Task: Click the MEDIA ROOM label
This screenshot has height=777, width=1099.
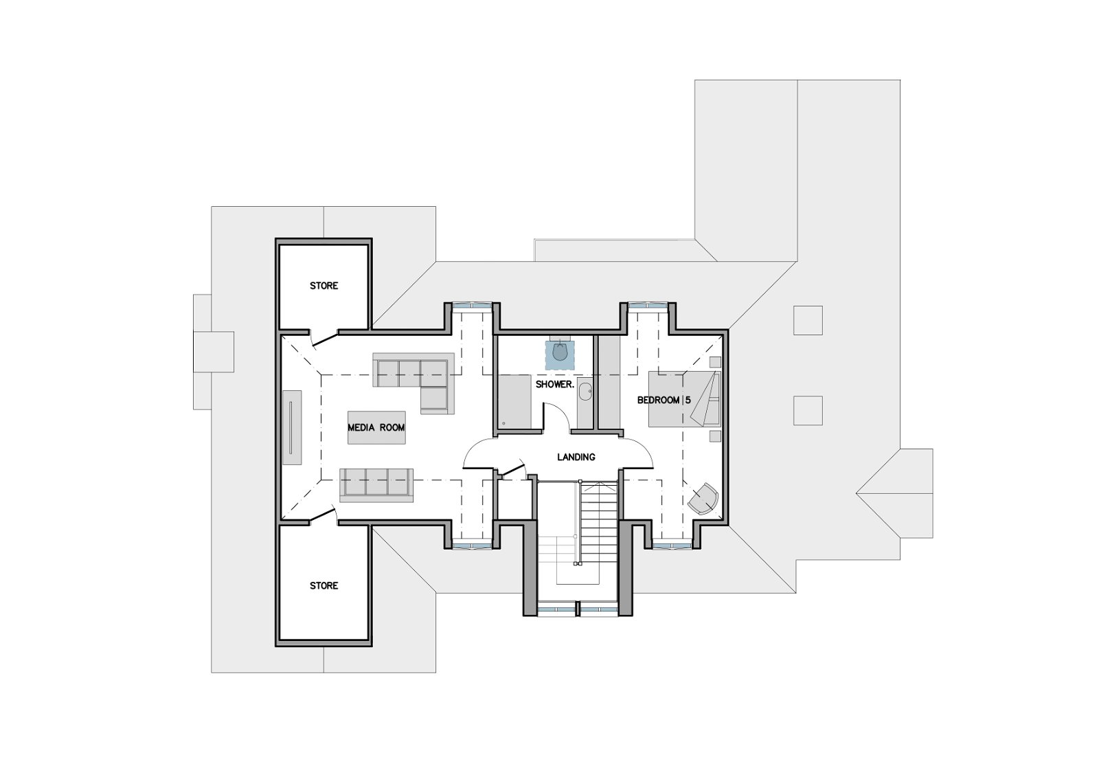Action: point(376,427)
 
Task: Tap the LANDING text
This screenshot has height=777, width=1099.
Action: point(576,457)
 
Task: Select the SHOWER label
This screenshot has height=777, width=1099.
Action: point(554,384)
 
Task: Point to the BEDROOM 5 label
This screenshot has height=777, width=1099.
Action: point(664,400)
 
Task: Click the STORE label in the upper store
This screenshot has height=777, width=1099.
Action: point(324,286)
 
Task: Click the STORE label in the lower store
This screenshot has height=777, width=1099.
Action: point(324,585)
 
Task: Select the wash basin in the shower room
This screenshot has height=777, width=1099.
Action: point(585,392)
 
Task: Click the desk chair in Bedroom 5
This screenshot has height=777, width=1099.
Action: point(704,499)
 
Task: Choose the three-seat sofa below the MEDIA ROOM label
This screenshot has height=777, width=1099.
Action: point(376,484)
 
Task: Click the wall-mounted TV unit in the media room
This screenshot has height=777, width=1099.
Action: point(292,427)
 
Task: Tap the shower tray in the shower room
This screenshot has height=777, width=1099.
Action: point(515,401)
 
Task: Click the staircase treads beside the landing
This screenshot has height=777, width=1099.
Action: point(598,521)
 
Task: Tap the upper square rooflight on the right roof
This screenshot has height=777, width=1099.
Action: point(808,321)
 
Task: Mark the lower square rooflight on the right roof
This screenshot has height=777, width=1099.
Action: point(808,410)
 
